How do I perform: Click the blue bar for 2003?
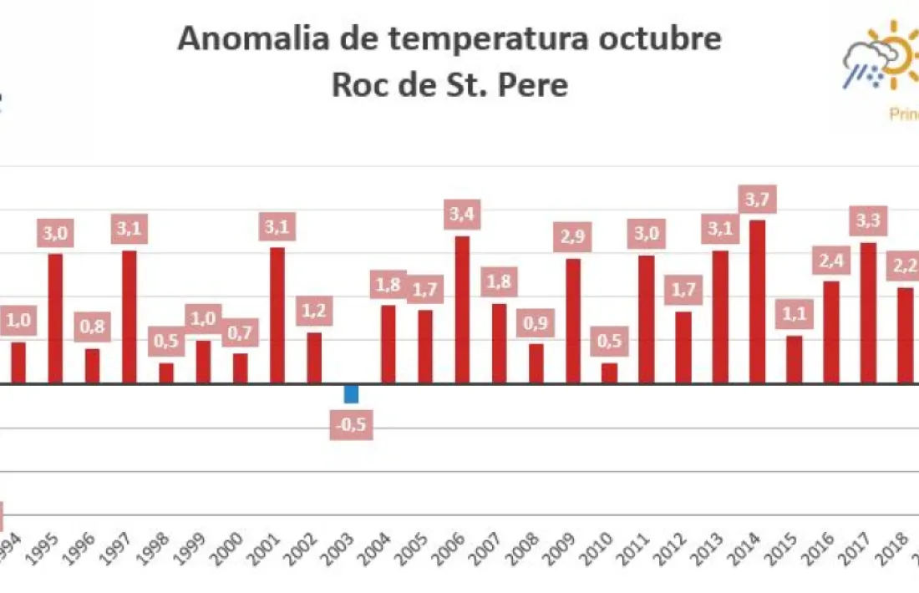pyautogui.click(x=352, y=393)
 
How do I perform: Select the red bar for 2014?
pyautogui.click(x=758, y=302)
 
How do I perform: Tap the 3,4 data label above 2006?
pyautogui.click(x=462, y=215)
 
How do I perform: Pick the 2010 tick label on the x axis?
pyautogui.click(x=603, y=552)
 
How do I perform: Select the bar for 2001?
pyautogui.click(x=277, y=316)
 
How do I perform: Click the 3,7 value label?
pyautogui.click(x=759, y=200)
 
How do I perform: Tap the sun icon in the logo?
pyautogui.click(x=897, y=55)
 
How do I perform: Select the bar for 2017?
pyautogui.click(x=869, y=313)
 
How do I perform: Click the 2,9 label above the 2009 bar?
pyautogui.click(x=573, y=237)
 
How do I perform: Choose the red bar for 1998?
pyautogui.click(x=166, y=373)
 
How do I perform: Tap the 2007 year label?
pyautogui.click(x=491, y=552)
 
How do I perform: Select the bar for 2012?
pyautogui.click(x=683, y=347)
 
